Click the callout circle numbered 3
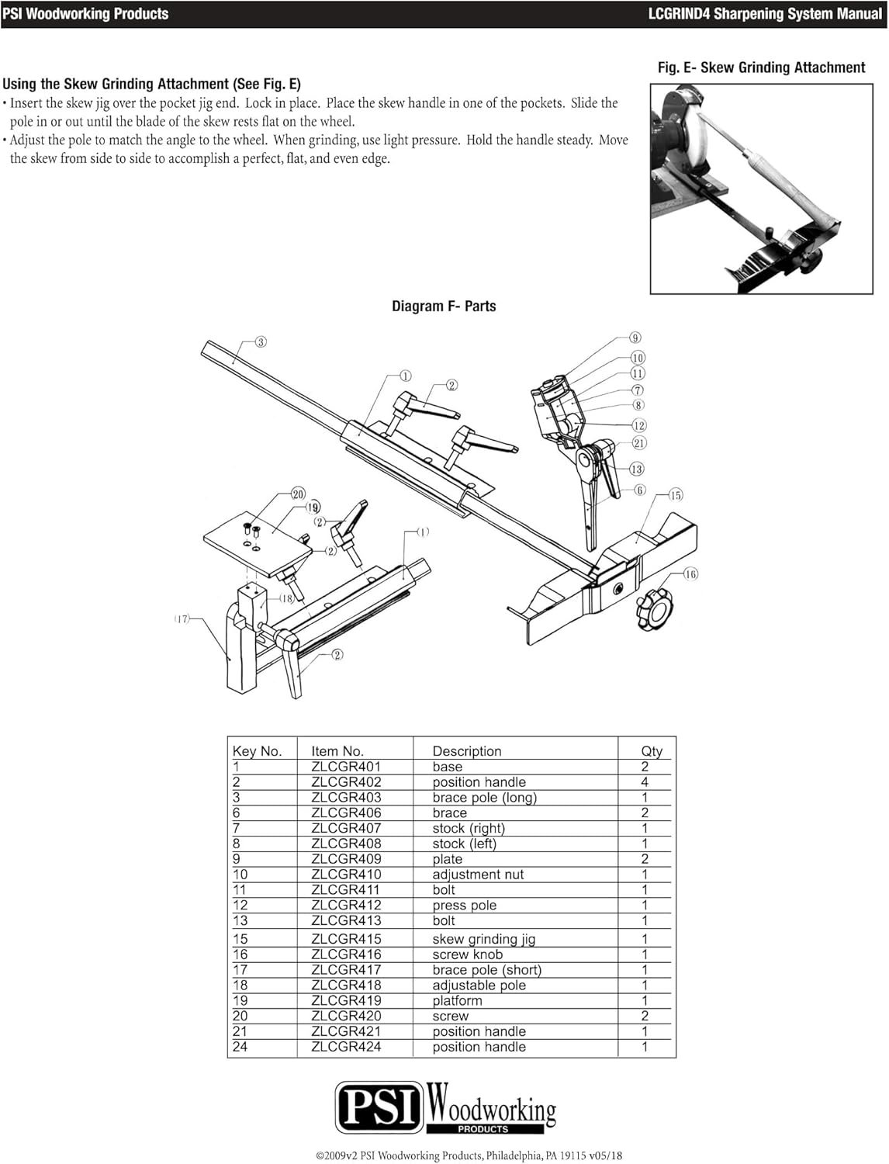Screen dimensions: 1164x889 [x=261, y=342]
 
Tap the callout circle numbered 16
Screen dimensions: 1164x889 [x=690, y=574]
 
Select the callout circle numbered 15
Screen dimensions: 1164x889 [x=675, y=495]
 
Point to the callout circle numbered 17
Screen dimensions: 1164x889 [x=182, y=619]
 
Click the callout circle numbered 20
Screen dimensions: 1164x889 [x=298, y=494]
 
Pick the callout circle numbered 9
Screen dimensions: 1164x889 [x=635, y=338]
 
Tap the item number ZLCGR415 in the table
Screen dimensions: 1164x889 [x=346, y=938]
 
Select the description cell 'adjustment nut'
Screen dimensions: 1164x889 [x=478, y=875]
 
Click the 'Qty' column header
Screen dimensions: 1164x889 [x=652, y=751]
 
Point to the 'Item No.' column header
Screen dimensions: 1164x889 [x=337, y=751]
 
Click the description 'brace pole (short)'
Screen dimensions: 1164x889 [x=487, y=970]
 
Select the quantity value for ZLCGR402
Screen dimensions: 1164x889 [x=645, y=782]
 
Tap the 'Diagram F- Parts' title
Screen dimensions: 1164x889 [x=444, y=307]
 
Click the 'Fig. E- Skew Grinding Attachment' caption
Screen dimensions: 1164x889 [x=761, y=68]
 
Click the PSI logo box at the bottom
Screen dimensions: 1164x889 [x=379, y=1107]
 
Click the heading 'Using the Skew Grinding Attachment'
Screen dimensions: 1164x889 [x=152, y=84]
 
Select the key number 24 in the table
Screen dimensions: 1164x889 [x=240, y=1047]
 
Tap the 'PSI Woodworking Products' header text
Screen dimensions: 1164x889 [x=85, y=14]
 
